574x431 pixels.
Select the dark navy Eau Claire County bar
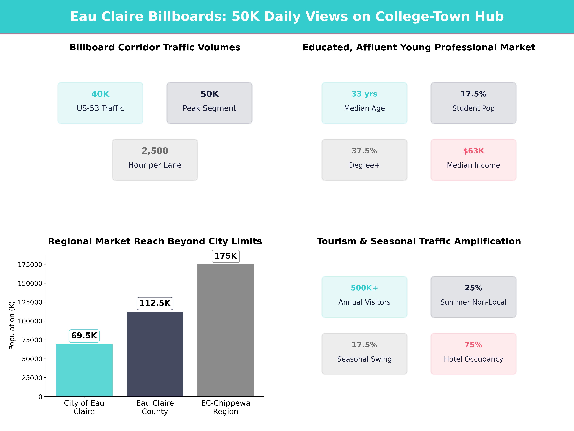coord(155,354)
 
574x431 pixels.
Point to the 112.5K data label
coord(155,303)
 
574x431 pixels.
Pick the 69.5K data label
coord(84,336)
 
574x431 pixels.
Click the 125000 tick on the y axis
coord(30,302)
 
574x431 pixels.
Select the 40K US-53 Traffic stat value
coord(100,94)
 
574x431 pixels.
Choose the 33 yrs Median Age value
coord(364,94)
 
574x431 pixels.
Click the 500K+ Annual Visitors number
coord(364,288)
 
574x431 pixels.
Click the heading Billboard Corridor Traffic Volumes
coord(155,47)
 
